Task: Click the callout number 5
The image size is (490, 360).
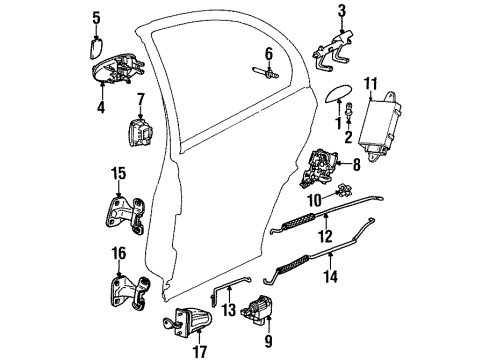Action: [x=97, y=17]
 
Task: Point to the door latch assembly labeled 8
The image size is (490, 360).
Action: [x=325, y=162]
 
